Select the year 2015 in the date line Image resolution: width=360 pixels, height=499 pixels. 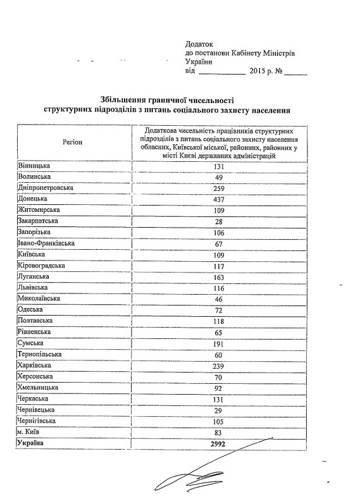point(259,71)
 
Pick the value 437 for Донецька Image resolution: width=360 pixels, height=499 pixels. point(220,199)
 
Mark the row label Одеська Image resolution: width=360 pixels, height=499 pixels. point(31,310)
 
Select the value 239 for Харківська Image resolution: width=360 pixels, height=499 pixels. point(220,366)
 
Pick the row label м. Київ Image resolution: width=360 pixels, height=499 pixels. point(30,431)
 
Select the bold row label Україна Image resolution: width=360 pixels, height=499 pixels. point(32,443)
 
